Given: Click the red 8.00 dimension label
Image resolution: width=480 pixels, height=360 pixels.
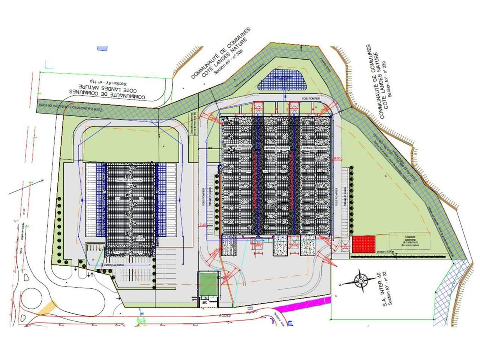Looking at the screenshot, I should (x=337, y=159).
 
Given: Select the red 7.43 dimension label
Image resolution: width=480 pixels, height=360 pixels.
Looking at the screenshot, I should (x=202, y=225).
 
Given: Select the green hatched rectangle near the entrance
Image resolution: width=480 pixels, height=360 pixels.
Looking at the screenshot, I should (x=207, y=284).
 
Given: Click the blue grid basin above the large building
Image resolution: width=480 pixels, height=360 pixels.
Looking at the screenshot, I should (x=283, y=79).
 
